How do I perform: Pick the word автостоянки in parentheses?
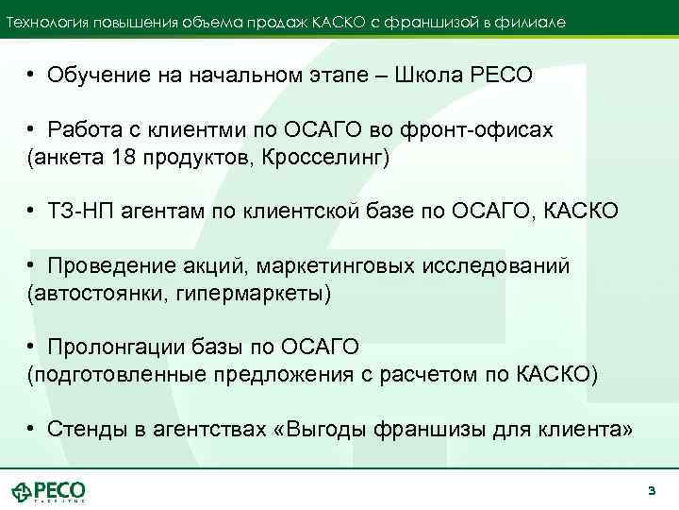[95, 292]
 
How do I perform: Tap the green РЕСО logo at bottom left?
[49, 492]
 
